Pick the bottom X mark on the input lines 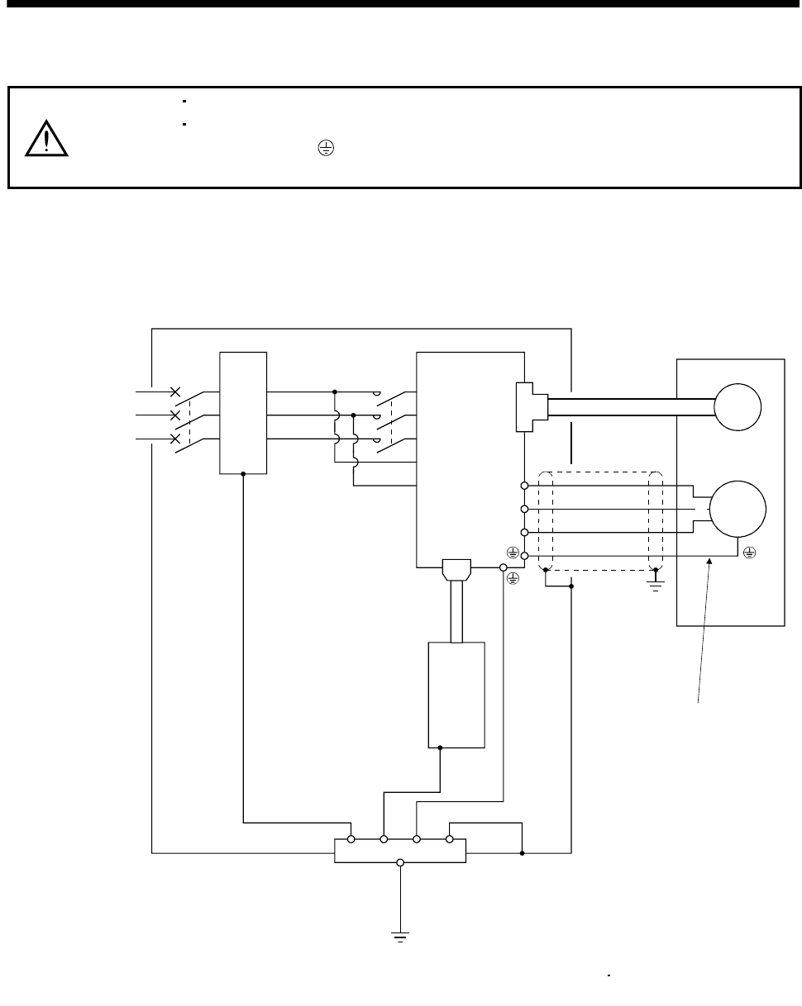pos(174,439)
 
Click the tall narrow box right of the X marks pos(243,413)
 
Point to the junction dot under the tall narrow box pos(243,474)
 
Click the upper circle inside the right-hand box pos(738,406)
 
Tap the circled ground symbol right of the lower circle pos(750,551)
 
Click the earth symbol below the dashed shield pos(655,587)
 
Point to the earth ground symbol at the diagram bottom pos(401,936)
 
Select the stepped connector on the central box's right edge pos(526,406)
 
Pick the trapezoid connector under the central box pos(456,570)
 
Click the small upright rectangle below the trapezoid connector pos(456,695)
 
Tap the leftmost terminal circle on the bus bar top pos(351,839)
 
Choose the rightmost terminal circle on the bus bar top pos(450,839)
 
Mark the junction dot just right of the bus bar pos(523,852)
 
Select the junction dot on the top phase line pos(335,391)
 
